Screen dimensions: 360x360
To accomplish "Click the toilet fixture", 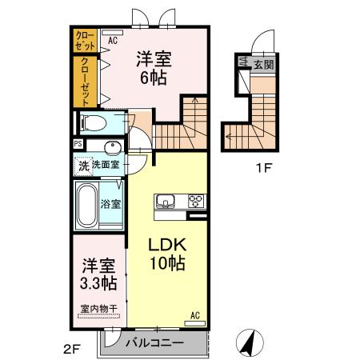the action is click(94, 122).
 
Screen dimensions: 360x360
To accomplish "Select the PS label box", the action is click(78, 144).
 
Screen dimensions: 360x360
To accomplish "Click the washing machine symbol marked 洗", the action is click(84, 166).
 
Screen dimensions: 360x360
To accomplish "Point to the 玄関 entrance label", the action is click(263, 64).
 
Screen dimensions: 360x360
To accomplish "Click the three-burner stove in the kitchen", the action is click(196, 201).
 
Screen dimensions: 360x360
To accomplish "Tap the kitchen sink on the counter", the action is click(166, 201).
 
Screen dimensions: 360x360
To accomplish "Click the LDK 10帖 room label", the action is click(167, 254).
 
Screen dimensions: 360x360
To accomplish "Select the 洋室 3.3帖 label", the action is click(98, 274).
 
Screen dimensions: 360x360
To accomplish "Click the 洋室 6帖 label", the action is click(154, 68).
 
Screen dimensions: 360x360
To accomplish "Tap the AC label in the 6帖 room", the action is click(113, 41).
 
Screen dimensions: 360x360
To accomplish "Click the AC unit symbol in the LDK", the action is click(195, 323).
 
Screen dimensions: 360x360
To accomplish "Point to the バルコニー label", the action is click(154, 342).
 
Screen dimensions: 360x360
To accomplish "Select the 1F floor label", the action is click(263, 168).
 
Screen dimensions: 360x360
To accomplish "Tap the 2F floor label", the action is click(72, 349).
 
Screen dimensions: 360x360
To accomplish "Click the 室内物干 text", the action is click(99, 309).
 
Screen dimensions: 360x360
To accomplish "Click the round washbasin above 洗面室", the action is click(113, 147).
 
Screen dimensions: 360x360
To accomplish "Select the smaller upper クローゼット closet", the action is click(85, 41).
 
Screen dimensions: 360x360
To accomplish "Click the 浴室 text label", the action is click(110, 204).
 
